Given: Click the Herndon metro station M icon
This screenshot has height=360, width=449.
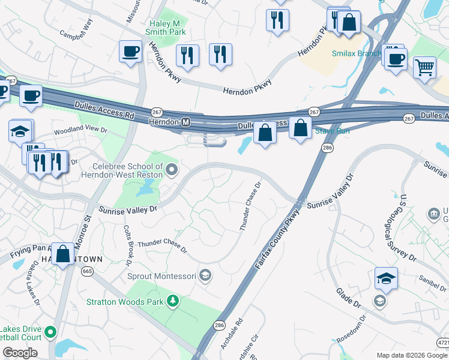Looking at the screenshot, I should click(x=186, y=122).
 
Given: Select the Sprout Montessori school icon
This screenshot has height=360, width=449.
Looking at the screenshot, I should click(x=205, y=275).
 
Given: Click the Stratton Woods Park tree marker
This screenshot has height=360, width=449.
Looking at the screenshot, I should click(x=173, y=300).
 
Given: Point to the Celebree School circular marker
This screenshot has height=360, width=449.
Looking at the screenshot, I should click(x=172, y=170).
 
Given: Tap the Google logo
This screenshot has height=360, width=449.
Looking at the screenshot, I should click(x=20, y=352).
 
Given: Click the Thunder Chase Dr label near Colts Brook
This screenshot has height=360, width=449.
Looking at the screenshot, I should click(x=162, y=245).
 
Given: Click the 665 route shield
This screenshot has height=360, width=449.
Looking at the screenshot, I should click(x=88, y=271).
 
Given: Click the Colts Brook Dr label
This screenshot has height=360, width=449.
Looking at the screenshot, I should click(x=128, y=246).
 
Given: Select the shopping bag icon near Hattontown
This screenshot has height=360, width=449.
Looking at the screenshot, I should click(x=63, y=253).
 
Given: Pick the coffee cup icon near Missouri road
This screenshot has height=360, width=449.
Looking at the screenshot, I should click(x=130, y=51).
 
